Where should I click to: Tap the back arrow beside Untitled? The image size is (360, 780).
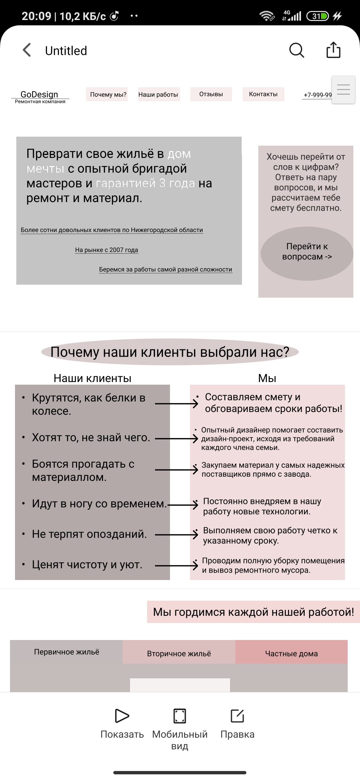pyautogui.click(x=27, y=50)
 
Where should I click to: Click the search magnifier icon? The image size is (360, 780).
pyautogui.click(x=296, y=50)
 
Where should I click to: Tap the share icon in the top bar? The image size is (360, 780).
pyautogui.click(x=333, y=50)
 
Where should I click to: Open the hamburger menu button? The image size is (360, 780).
pyautogui.click(x=343, y=90)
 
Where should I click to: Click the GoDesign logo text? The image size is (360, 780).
pyautogui.click(x=39, y=94)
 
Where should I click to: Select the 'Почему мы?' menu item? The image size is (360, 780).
pyautogui.click(x=108, y=94)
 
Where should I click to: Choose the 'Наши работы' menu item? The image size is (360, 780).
pyautogui.click(x=158, y=94)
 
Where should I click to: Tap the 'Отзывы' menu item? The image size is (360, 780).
pyautogui.click(x=211, y=94)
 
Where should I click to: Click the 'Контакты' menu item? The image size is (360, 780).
pyautogui.click(x=263, y=94)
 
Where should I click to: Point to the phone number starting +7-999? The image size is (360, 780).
pyautogui.click(x=317, y=95)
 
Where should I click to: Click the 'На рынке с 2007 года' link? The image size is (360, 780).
pyautogui.click(x=106, y=250)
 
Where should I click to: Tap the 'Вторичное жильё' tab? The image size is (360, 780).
pyautogui.click(x=179, y=653)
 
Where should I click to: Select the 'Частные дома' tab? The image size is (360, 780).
pyautogui.click(x=291, y=653)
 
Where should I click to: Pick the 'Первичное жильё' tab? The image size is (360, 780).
pyautogui.click(x=67, y=652)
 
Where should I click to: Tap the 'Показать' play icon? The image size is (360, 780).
pyautogui.click(x=122, y=716)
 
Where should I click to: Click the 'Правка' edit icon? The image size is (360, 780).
pyautogui.click(x=237, y=716)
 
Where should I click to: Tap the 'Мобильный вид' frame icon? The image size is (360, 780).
pyautogui.click(x=180, y=716)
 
